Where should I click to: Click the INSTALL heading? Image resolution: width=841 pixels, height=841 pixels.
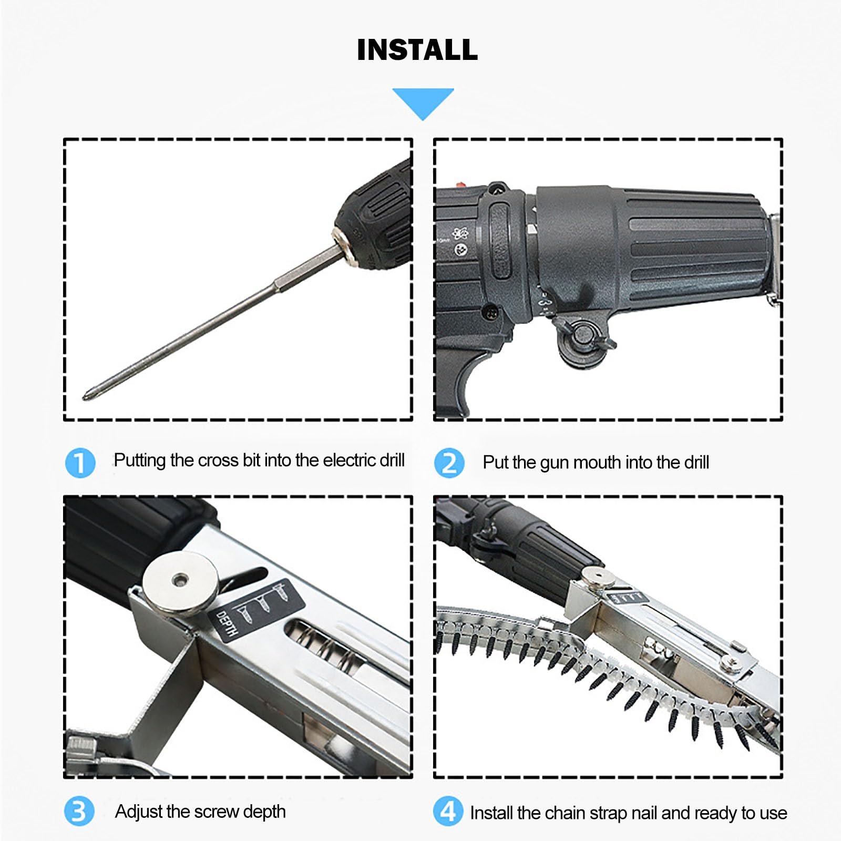point(417,50)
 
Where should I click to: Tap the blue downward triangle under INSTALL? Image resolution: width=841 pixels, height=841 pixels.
point(423,101)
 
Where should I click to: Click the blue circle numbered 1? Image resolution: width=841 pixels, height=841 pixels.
point(80,463)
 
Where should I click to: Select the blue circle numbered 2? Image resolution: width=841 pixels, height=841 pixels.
point(449,463)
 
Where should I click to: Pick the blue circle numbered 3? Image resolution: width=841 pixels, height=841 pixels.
point(79,811)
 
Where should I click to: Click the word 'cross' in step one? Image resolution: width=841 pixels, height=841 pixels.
point(218,460)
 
